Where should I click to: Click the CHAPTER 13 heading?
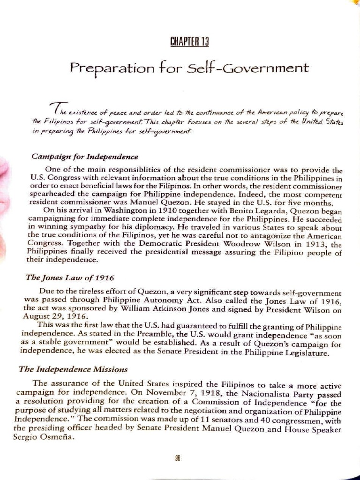tap(189, 41)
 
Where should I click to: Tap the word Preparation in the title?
tap(111, 68)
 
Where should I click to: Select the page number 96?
tap(178, 458)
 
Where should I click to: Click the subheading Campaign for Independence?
tap(84, 156)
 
